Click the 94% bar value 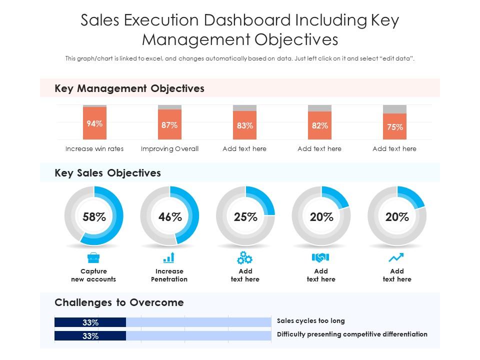pos(94,123)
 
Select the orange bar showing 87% pos(169,125)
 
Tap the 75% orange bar pos(394,127)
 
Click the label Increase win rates pos(94,148)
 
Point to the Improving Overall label pos(169,148)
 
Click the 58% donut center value pos(94,217)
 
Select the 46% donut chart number pos(170,217)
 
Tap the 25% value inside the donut pos(245,217)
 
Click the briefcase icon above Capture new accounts pos(93,258)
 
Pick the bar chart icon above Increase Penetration pos(169,258)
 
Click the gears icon pos(244,258)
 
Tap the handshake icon pos(320,257)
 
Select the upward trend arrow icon pos(396,258)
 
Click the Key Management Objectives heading pos(129,88)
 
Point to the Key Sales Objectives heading pos(107,173)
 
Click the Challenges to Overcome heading pos(119,302)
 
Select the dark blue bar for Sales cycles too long pos(90,322)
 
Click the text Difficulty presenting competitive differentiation pos(352,334)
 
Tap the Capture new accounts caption pos(93,275)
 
